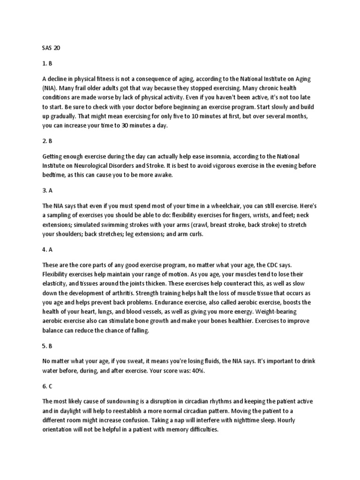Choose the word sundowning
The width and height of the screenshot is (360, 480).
(x=123, y=402)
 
